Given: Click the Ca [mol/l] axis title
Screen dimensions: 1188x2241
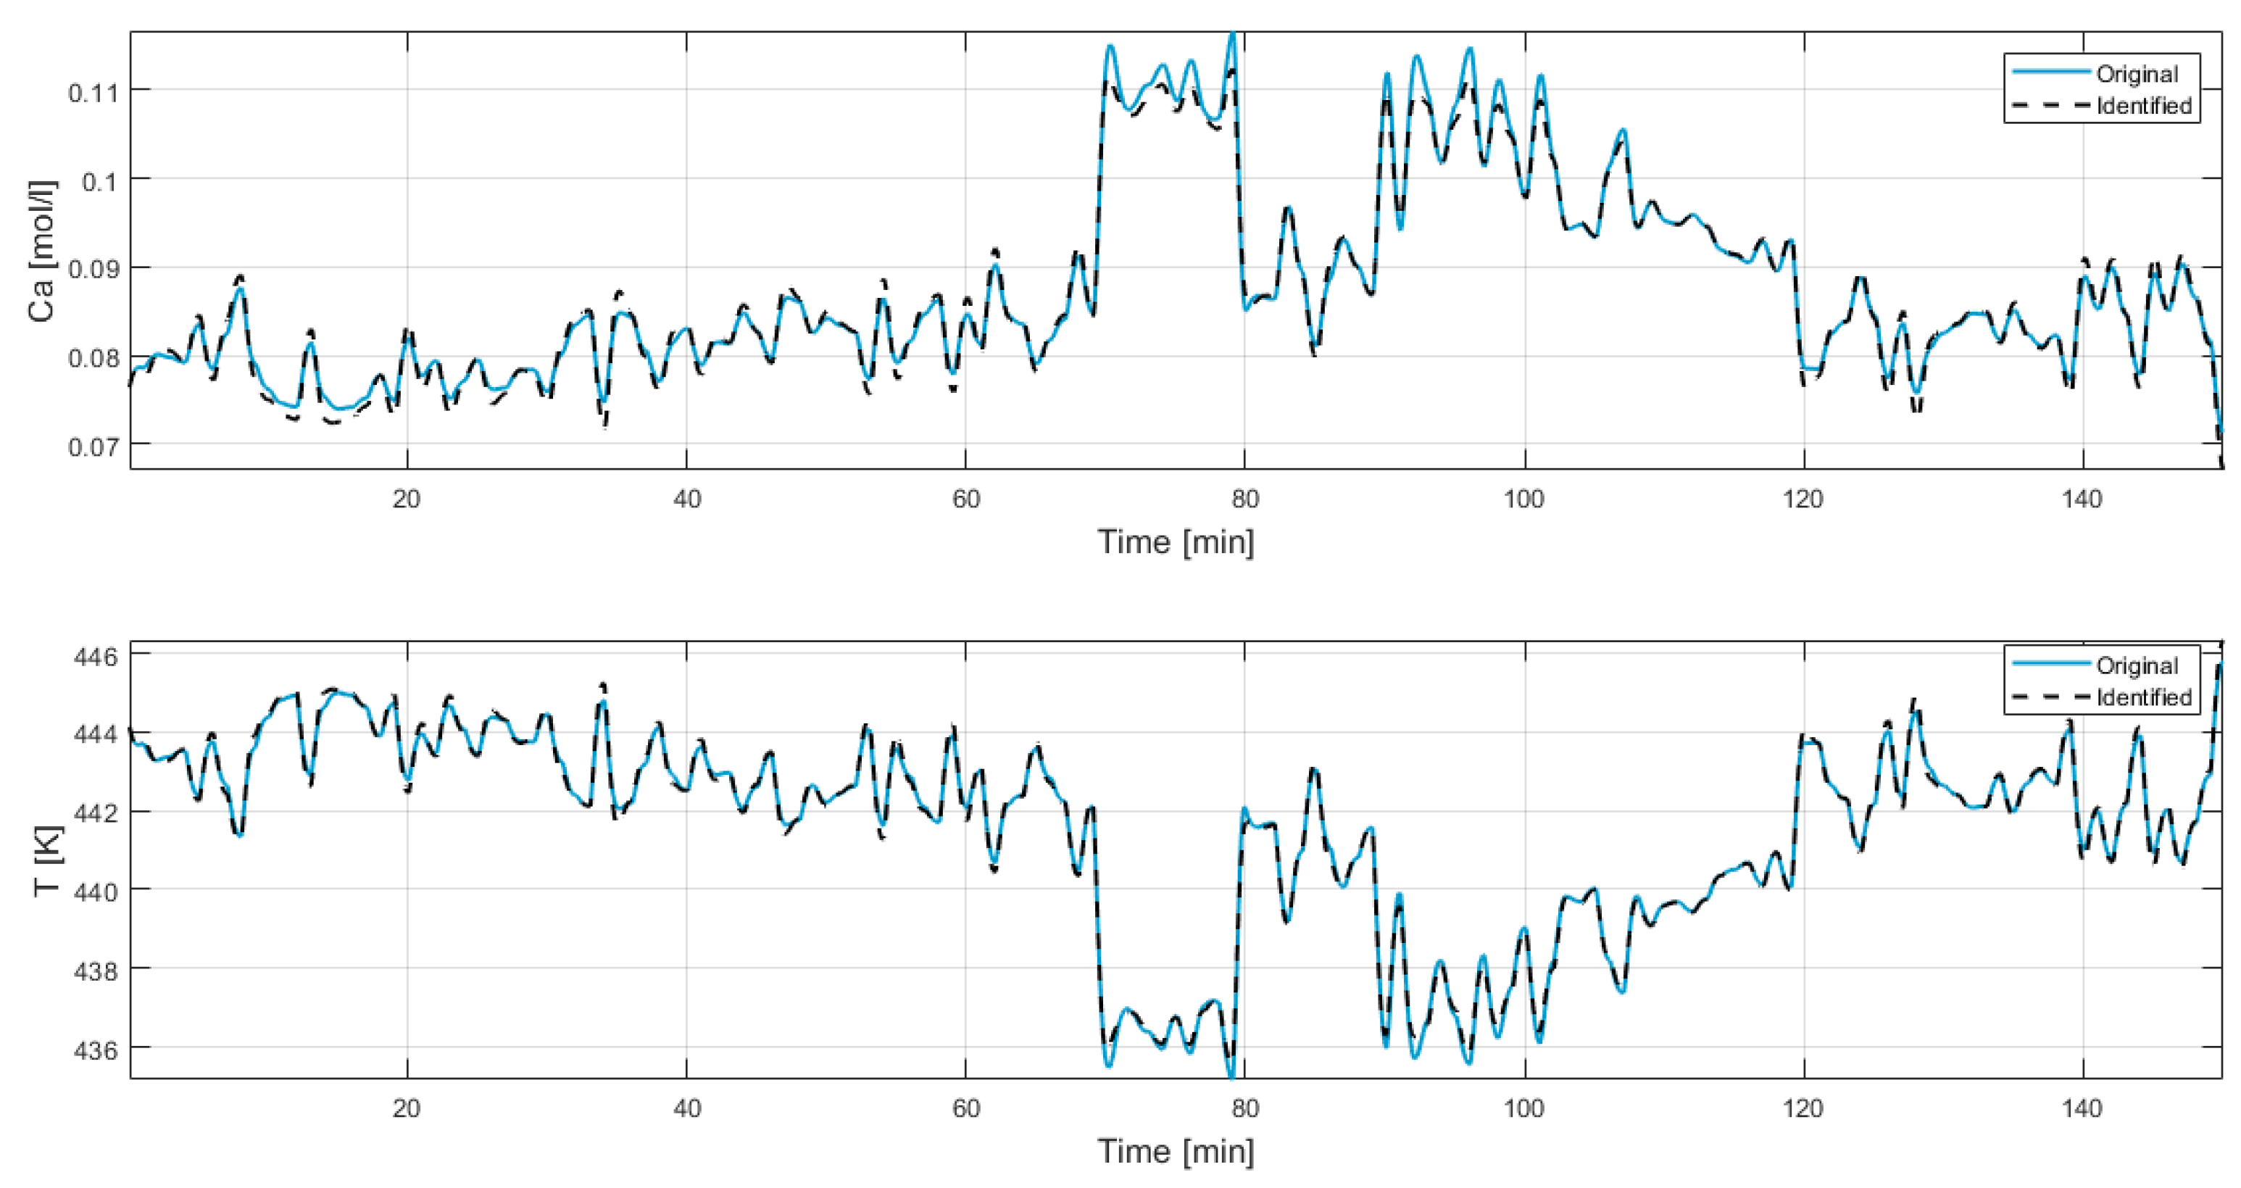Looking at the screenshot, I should click(x=41, y=252).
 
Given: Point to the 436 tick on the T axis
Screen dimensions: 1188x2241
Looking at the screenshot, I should click(x=95, y=1050).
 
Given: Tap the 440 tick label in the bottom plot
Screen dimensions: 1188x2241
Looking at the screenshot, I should click(x=95, y=892).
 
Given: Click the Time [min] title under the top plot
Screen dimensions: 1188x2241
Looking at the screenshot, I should click(x=1176, y=542).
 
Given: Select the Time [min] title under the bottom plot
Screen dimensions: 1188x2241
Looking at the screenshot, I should click(x=1176, y=1152).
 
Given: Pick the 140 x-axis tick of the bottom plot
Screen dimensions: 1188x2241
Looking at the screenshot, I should click(x=2082, y=1109).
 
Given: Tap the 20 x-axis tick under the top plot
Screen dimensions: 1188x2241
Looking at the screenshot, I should click(x=407, y=499).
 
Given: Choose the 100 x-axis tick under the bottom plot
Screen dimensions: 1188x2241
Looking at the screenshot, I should click(x=1523, y=1109).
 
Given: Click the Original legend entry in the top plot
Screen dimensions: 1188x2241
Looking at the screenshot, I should click(x=2136, y=74).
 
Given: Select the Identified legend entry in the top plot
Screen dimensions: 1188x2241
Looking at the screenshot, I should click(x=2142, y=106).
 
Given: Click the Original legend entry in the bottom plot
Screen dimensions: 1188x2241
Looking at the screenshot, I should click(x=2136, y=666).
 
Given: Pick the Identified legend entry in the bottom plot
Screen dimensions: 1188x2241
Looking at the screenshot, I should click(x=2142, y=698).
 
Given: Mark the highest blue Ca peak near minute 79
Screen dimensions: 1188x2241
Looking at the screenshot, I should click(x=1232, y=35).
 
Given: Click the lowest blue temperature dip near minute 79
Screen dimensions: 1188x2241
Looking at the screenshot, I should click(x=1231, y=1076).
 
